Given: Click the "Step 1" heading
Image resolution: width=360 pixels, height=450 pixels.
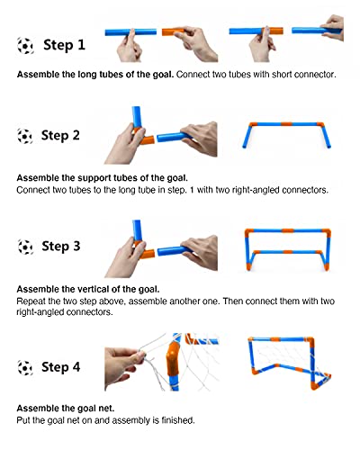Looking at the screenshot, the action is pyautogui.click(x=64, y=45).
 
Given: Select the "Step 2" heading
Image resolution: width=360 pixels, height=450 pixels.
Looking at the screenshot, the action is pyautogui.click(x=60, y=135).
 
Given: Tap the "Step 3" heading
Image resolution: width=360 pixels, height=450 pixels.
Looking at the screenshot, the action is pyautogui.click(x=61, y=247).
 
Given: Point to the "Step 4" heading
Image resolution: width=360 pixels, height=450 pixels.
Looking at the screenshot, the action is pyautogui.click(x=60, y=367).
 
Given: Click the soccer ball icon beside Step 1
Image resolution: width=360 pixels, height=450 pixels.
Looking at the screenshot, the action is pyautogui.click(x=25, y=46).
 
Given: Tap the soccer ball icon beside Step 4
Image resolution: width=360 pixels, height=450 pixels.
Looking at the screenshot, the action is pyautogui.click(x=25, y=368).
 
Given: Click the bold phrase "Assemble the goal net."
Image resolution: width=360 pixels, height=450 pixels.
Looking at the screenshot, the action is pyautogui.click(x=66, y=409).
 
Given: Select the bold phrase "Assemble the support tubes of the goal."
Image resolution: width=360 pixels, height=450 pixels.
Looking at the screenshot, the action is pyautogui.click(x=102, y=178).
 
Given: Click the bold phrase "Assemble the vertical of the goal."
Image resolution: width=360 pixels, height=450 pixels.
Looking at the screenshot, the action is pyautogui.click(x=88, y=289).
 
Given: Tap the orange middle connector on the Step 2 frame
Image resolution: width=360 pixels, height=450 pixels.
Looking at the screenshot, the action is pyautogui.click(x=286, y=124).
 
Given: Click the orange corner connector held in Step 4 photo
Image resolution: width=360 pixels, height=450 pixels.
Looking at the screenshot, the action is pyautogui.click(x=173, y=359).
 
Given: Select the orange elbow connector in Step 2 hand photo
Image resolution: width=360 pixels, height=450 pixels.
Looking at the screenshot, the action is pyautogui.click(x=143, y=137).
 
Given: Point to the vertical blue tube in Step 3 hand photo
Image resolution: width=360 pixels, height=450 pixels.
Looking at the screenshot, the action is pyautogui.click(x=137, y=230).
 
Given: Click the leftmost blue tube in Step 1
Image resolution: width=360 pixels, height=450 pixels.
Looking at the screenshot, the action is pyautogui.click(x=130, y=31).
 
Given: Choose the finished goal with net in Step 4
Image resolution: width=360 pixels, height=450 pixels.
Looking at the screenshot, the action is pyautogui.click(x=290, y=363).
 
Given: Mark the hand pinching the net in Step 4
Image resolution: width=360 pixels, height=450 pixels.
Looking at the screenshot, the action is pyautogui.click(x=124, y=367).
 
